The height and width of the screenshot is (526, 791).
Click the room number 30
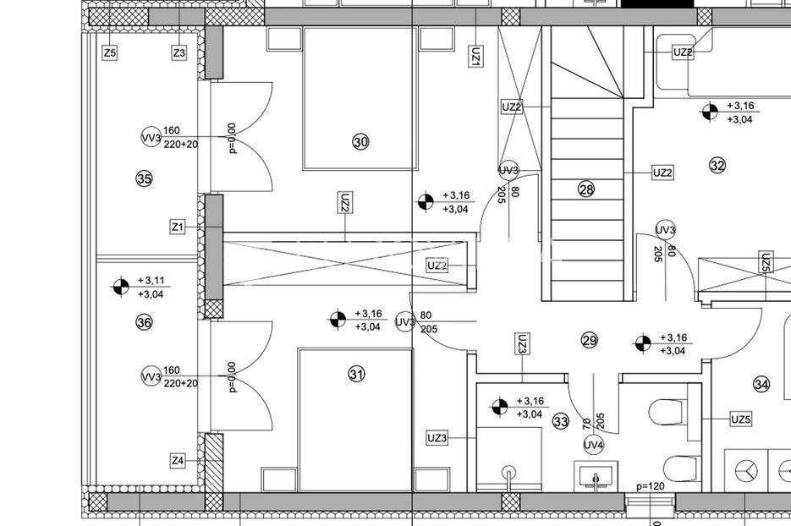pyautogui.click(x=360, y=142)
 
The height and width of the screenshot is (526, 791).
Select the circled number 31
pyautogui.click(x=357, y=374)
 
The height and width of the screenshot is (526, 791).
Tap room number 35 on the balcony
pyautogui.click(x=145, y=178)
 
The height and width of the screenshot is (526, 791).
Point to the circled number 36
pyautogui.click(x=145, y=322)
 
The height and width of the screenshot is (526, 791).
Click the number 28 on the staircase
pyautogui.click(x=586, y=189)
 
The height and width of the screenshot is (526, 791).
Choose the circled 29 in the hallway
pyautogui.click(x=589, y=341)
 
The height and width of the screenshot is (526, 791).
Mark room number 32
pyautogui.click(x=717, y=165)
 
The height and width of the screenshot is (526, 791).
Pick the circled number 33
pyautogui.click(x=561, y=421)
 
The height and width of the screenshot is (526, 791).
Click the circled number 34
pyautogui.click(x=761, y=385)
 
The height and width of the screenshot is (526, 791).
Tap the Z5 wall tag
pyautogui.click(x=110, y=52)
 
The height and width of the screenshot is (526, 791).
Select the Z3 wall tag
pyautogui.click(x=179, y=52)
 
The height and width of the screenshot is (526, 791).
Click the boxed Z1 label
pyautogui.click(x=178, y=227)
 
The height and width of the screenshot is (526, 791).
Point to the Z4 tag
pyautogui.click(x=178, y=460)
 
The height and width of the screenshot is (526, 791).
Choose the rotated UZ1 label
pyautogui.click(x=475, y=57)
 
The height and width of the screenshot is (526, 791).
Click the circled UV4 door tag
pyautogui.click(x=594, y=445)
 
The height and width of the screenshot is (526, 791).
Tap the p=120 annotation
pyautogui.click(x=651, y=486)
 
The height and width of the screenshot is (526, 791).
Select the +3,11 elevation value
pyautogui.click(x=151, y=281)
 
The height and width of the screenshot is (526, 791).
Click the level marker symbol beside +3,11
pyautogui.click(x=121, y=287)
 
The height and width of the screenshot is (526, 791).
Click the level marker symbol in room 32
pyautogui.click(x=710, y=112)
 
